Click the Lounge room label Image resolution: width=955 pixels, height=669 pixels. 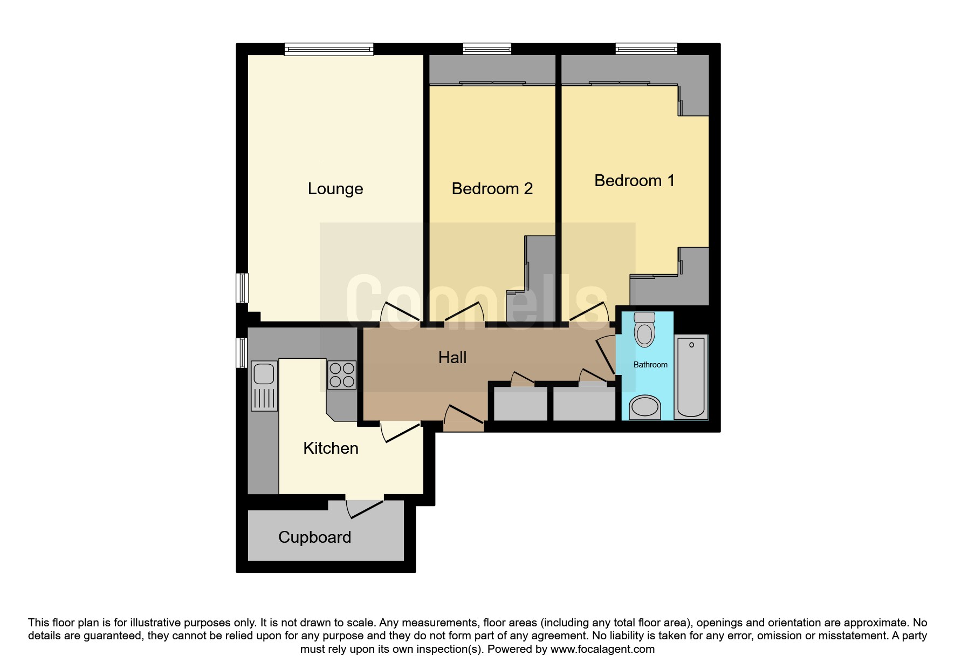pos(335,189)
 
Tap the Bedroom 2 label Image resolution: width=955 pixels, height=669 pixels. pos(492,188)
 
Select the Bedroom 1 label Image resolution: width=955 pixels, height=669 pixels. pos(634,180)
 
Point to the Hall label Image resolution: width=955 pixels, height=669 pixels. pos(452,357)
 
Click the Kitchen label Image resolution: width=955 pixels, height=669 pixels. pos(331,448)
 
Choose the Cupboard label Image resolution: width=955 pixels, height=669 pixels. pos(314,537)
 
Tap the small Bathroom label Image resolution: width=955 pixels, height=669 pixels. pos(650,365)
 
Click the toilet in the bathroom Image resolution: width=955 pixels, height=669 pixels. pos(644,329)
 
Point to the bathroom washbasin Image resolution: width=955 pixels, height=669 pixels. pos(645,407)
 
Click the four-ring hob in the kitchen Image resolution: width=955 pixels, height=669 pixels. pos(342,375)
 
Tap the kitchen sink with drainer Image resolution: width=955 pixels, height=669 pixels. pos(264,386)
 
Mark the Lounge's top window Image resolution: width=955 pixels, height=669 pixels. pos(329,49)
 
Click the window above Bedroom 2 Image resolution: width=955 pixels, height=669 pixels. pos(487,49)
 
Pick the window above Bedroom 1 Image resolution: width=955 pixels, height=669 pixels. pos(647,49)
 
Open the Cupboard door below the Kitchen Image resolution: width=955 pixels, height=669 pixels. pos(365,508)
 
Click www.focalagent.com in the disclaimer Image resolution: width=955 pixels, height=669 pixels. pos(602,649)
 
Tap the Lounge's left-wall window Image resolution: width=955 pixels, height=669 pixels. pos(243,288)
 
